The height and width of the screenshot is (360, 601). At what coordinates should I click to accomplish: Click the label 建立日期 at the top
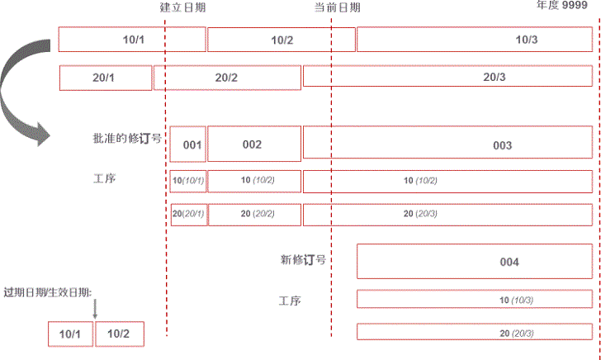[x=182, y=7]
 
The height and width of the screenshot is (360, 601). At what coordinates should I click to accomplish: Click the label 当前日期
[x=337, y=7]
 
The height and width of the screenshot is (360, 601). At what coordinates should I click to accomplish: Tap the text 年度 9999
[x=562, y=6]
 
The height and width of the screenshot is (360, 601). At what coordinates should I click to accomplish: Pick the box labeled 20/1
[x=106, y=78]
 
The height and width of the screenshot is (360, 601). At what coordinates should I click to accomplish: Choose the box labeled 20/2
[x=227, y=78]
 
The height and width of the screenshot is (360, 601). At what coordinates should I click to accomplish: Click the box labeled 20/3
[x=447, y=78]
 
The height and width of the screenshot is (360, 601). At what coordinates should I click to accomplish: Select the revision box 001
[x=188, y=144]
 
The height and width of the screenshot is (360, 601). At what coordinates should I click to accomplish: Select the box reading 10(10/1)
[x=188, y=181]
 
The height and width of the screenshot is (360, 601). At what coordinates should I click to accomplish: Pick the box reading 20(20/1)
[x=188, y=214]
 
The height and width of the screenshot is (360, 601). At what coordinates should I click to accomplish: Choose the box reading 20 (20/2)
[x=254, y=214]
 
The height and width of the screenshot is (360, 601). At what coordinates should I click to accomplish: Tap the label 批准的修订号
[x=126, y=139]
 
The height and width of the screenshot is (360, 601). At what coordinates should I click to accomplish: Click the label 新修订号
[x=303, y=259]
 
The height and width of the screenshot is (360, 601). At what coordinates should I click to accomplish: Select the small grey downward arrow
[x=95, y=310]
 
